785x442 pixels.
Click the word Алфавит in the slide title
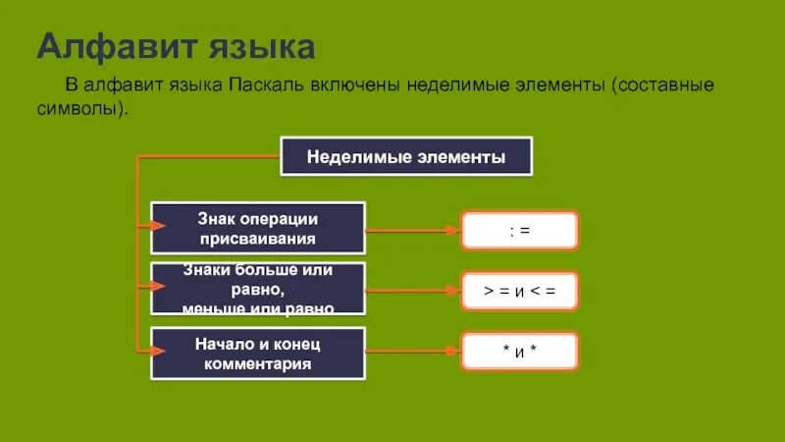(x=110, y=47)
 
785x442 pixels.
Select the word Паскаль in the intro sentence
(x=271, y=85)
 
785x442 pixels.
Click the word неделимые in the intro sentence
(x=455, y=85)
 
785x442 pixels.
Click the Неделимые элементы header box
(x=406, y=156)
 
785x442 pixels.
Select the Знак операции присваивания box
(x=258, y=228)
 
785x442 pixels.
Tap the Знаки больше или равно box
(x=258, y=289)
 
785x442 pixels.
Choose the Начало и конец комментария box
(x=258, y=354)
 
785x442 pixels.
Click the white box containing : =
(x=520, y=230)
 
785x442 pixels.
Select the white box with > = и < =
(x=520, y=291)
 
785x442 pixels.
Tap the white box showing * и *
(x=520, y=352)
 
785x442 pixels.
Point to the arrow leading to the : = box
(x=413, y=230)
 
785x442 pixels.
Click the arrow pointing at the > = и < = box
(x=413, y=291)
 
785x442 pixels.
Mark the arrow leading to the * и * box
(x=413, y=351)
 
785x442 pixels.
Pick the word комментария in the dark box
(x=258, y=364)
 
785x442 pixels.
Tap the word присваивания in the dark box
(x=258, y=239)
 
